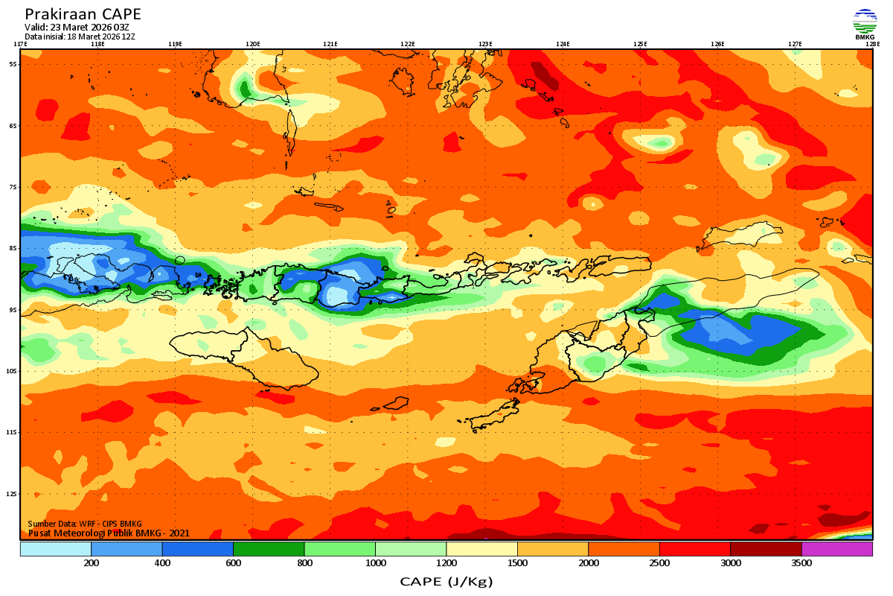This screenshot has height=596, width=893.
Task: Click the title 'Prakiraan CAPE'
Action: click(x=83, y=14)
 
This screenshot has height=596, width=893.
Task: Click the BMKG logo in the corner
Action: click(x=865, y=23)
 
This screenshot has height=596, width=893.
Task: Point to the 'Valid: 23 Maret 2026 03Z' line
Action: click(x=77, y=28)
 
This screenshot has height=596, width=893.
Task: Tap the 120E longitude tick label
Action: click(x=253, y=44)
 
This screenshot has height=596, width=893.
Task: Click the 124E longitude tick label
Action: click(x=563, y=44)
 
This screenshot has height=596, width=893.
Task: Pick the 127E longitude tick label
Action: click(x=795, y=44)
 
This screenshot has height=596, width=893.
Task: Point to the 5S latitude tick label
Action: click(x=13, y=64)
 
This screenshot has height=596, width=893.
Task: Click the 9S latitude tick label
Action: click(x=13, y=309)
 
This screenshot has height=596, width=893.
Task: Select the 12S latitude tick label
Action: click(x=13, y=493)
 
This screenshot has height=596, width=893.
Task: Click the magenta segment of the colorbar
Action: click(x=836, y=549)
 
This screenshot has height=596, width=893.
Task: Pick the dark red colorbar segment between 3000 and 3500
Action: click(x=766, y=549)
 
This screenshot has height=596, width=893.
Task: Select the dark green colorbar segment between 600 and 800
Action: click(x=269, y=549)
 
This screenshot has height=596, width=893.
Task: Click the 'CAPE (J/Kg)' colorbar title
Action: click(x=446, y=581)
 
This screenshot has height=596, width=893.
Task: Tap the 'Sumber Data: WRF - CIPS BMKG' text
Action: click(x=85, y=524)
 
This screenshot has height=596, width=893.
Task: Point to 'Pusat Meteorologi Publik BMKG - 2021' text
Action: click(x=109, y=533)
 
